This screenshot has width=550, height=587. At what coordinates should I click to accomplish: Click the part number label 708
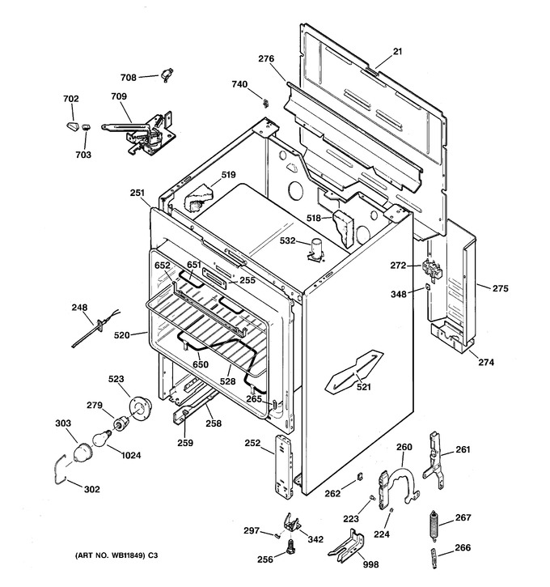[x=129, y=78]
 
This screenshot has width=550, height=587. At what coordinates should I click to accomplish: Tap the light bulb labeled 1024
[x=102, y=438]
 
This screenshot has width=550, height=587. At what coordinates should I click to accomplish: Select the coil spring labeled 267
[x=434, y=526]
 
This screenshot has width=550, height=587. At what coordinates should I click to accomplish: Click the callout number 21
[x=397, y=51]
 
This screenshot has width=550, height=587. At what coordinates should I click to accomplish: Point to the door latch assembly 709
[x=140, y=133]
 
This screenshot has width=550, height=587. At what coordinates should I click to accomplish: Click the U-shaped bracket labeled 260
[x=400, y=485]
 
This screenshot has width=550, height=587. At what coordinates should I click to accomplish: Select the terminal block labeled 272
[x=431, y=269]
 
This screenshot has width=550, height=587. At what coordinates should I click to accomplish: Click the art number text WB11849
[x=127, y=555]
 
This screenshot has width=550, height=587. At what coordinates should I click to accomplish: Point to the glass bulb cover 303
[x=82, y=453]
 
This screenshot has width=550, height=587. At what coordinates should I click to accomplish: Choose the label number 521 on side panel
[x=363, y=387]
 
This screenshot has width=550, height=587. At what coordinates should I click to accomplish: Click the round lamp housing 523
[x=140, y=409]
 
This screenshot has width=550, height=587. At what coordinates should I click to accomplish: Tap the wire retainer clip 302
[x=60, y=469]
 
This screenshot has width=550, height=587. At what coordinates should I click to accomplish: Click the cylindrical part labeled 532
[x=316, y=249]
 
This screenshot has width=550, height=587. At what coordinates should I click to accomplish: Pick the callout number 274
[x=486, y=362]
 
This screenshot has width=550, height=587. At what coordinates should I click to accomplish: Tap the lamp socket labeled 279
[x=121, y=424]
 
